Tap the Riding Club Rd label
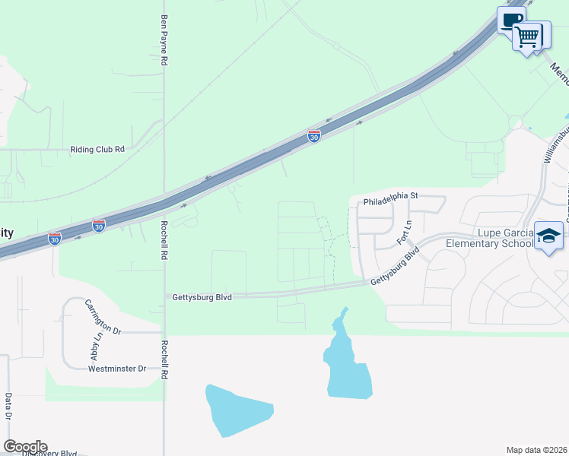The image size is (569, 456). [97, 150]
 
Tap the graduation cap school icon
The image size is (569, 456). [548, 236]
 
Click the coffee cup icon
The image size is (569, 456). [511, 21]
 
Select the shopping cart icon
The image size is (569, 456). [527, 35]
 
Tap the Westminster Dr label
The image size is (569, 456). [116, 369]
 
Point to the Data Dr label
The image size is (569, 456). [8, 407]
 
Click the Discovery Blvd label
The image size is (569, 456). [49, 453]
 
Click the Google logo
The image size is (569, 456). [25, 447]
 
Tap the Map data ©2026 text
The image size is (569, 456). [536, 450]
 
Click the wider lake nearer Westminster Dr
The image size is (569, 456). [237, 411]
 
